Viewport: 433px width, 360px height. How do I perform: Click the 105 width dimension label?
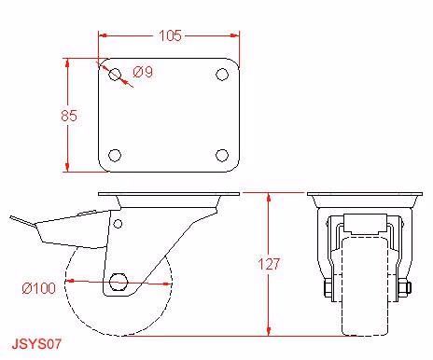pyautogui.click(x=170, y=35)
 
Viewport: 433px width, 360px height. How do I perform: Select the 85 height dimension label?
pyautogui.click(x=69, y=116)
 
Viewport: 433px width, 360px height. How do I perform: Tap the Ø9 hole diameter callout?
pyautogui.click(x=143, y=72)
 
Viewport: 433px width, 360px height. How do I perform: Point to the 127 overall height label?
pyautogui.click(x=269, y=264)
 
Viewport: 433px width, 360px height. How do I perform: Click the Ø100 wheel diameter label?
pyautogui.click(x=39, y=288)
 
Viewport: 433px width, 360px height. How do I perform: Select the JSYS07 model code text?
pyautogui.click(x=36, y=344)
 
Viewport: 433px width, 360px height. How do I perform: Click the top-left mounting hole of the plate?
pyautogui.click(x=115, y=75)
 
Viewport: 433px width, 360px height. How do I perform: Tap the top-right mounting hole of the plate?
pyautogui.click(x=222, y=75)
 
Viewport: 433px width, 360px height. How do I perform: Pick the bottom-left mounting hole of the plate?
pyautogui.click(x=115, y=156)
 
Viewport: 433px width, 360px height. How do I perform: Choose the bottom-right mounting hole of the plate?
pyautogui.click(x=222, y=156)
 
